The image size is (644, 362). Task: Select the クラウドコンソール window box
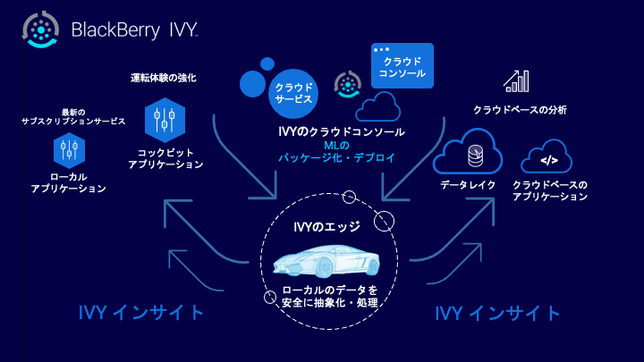[x=402, y=65]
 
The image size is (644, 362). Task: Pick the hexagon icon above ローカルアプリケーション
[x=69, y=148]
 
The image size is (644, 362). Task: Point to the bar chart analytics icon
[x=516, y=81]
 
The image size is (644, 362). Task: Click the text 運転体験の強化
[x=164, y=78]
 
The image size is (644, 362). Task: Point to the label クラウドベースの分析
[x=519, y=110]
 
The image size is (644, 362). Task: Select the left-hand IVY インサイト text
[x=142, y=314]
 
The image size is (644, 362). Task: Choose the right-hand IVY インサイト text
[x=497, y=314]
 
